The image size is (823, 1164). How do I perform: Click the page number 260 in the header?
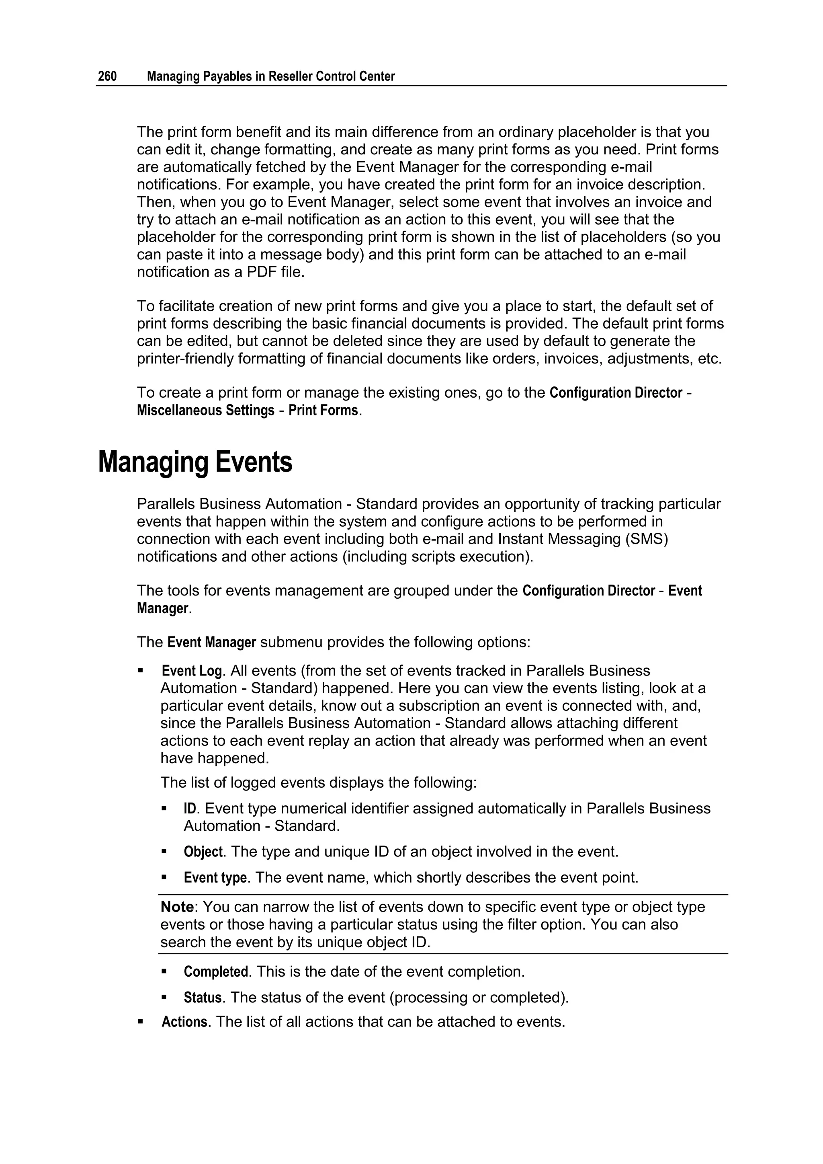click(107, 76)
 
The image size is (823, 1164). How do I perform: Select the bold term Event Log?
click(192, 671)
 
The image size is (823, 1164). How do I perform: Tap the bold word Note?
click(177, 907)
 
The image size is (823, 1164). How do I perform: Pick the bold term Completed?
click(215, 972)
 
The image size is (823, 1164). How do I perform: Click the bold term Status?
click(202, 998)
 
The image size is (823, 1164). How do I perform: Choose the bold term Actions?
click(184, 1022)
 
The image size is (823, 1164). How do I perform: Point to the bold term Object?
click(203, 852)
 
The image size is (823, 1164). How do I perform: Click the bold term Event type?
click(215, 878)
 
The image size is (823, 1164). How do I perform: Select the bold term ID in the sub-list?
click(190, 809)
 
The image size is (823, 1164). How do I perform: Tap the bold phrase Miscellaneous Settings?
click(205, 410)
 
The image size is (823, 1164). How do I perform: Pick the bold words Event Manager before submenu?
click(211, 643)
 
